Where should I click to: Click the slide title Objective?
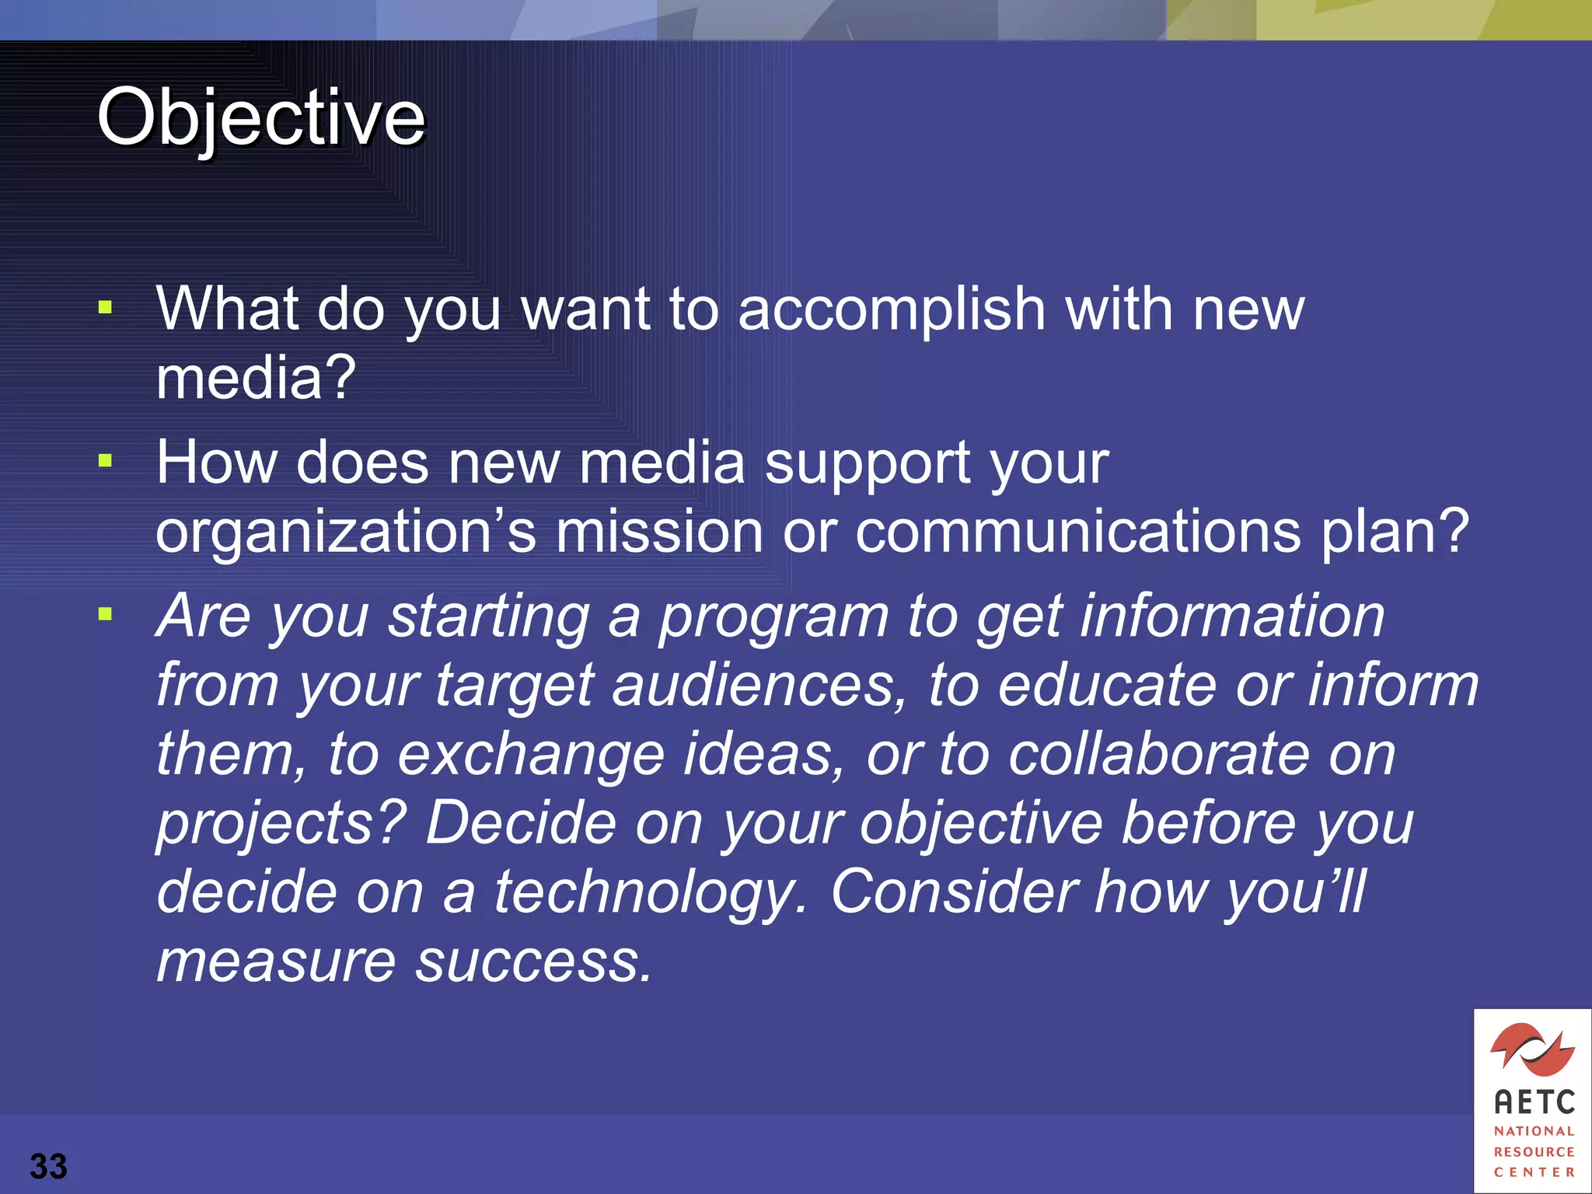(261, 118)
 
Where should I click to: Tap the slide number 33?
(48, 1166)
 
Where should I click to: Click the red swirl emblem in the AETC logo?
(1532, 1050)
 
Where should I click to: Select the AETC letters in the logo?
(1534, 1101)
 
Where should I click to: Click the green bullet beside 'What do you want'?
(106, 308)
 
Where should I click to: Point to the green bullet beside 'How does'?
(106, 461)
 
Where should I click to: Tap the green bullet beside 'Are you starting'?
(106, 615)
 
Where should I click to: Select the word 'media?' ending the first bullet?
(256, 378)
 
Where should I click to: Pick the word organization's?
(346, 533)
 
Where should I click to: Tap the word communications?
(1077, 532)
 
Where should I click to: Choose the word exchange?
(531, 756)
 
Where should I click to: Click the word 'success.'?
(533, 962)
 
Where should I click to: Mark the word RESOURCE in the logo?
(1534, 1151)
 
